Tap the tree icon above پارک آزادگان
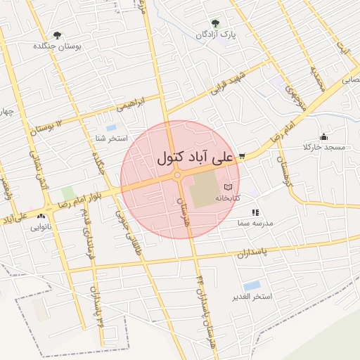tap(214, 23)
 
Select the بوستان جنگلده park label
tap(58, 46)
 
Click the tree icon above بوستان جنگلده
tap(57, 34)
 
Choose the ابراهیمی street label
tap(133, 103)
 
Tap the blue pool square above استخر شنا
tap(111, 128)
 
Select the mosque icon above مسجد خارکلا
tap(323, 136)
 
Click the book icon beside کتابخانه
tap(228, 188)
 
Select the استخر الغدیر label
tap(252, 297)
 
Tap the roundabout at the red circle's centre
tap(179, 175)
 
